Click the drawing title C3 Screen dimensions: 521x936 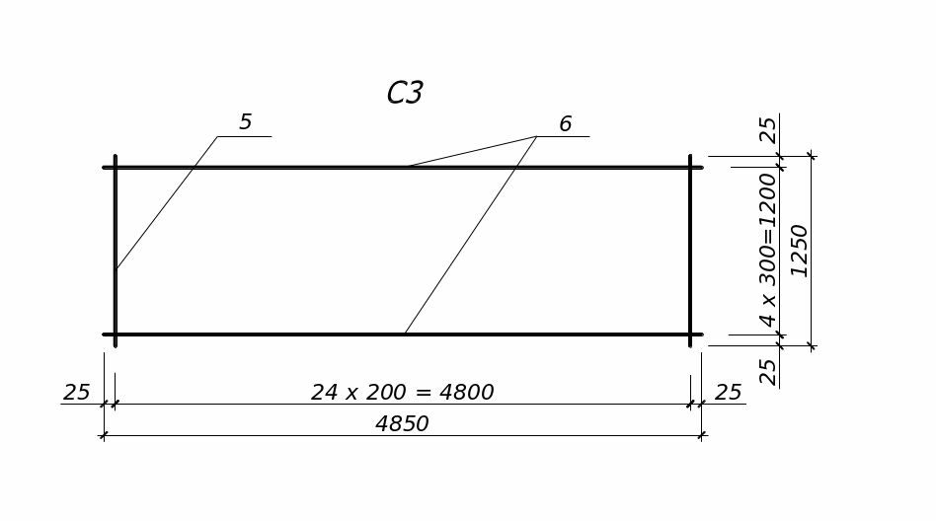[405, 93]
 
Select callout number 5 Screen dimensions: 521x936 [245, 122]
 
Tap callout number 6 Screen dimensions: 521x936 [565, 124]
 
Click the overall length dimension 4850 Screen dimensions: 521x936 [402, 424]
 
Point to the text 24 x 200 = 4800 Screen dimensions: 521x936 [402, 393]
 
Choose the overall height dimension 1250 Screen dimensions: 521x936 [799, 251]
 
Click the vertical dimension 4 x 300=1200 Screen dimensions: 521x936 [767, 250]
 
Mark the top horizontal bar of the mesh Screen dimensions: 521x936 [296, 168]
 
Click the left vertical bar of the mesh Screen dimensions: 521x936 [116, 296]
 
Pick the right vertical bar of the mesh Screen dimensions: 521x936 [690, 251]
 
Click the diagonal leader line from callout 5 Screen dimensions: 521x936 [166, 203]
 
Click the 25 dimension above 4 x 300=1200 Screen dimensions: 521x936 [767, 129]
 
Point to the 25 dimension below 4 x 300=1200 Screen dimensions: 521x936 [767, 371]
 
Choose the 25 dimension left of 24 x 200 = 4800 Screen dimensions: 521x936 [76, 393]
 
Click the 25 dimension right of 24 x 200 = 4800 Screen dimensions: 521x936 [728, 393]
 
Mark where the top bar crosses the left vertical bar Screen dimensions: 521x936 [116, 168]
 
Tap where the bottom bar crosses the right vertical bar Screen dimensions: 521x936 [690, 335]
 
